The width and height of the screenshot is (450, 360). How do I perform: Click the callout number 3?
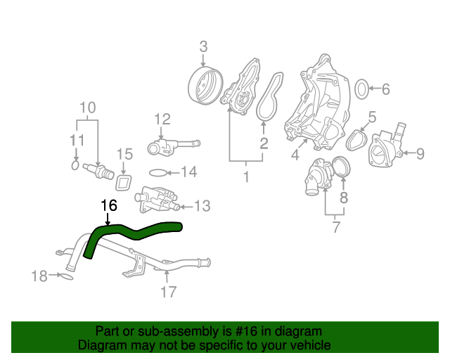pos(203,47)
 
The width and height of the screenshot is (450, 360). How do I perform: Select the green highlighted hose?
pos(141,231)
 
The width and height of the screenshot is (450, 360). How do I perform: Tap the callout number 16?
pos(108,206)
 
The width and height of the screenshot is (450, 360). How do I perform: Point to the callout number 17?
pos(168,292)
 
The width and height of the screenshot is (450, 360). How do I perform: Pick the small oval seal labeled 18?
pos(64,276)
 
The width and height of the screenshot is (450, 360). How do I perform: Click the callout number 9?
pos(420,153)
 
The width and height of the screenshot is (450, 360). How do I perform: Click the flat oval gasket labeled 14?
pos(160,172)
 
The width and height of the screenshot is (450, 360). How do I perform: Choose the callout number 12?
pos(162,119)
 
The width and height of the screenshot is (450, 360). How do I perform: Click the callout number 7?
pos(335,227)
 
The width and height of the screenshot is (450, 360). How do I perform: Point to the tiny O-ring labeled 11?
pos(75,165)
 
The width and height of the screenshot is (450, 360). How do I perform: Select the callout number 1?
pos(246,176)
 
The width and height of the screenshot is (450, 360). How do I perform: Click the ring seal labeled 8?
pos(340,169)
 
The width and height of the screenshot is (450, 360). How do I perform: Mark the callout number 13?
pos(202,206)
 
